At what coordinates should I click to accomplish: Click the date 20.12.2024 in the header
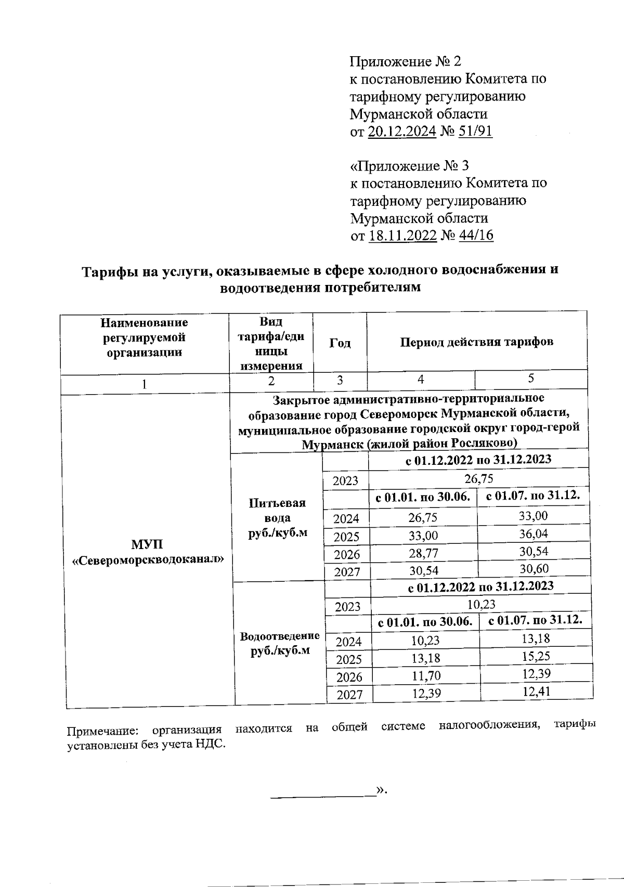pyautogui.click(x=401, y=132)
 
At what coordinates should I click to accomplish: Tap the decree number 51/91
pyautogui.click(x=475, y=132)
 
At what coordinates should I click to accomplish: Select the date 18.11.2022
pyautogui.click(x=402, y=236)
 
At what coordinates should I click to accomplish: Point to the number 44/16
pyautogui.click(x=476, y=236)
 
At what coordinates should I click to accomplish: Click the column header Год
pyautogui.click(x=340, y=343)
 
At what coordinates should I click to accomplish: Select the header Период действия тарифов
pyautogui.click(x=476, y=342)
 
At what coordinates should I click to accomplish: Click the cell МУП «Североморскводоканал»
pyautogui.click(x=148, y=552)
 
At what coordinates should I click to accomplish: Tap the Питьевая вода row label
pyautogui.click(x=277, y=518)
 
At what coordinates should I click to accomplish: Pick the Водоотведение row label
pyautogui.click(x=279, y=643)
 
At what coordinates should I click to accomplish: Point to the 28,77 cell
pyautogui.click(x=423, y=553)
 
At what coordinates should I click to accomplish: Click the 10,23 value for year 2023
pyautogui.click(x=481, y=605)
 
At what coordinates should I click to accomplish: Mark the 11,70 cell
pyautogui.click(x=426, y=676)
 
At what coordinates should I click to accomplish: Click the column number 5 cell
pyautogui.click(x=530, y=379)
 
